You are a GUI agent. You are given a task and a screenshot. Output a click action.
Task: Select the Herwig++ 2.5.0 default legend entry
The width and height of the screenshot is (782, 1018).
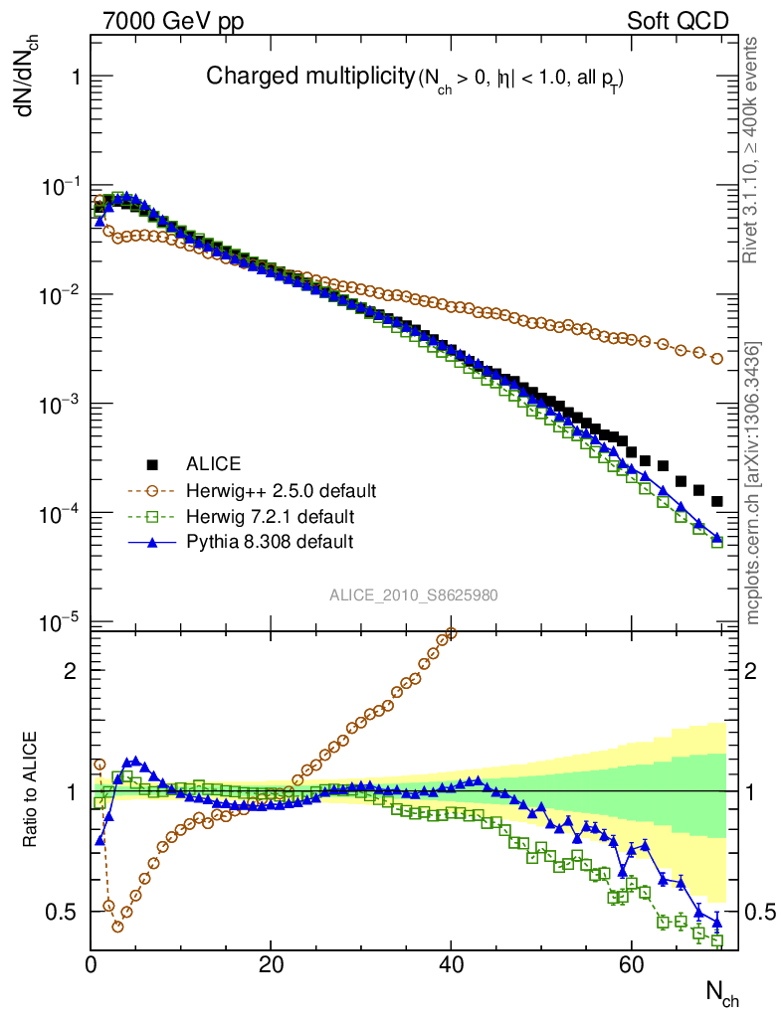click(x=281, y=490)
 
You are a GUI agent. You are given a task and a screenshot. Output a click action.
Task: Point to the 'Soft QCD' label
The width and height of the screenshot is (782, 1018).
click(x=678, y=21)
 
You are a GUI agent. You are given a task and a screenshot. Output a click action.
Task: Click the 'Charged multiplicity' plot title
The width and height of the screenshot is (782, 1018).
click(x=308, y=76)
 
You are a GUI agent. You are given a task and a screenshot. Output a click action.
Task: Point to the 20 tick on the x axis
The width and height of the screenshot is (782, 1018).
click(x=271, y=962)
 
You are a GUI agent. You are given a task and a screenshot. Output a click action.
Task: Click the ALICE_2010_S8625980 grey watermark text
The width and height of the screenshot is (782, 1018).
click(x=414, y=595)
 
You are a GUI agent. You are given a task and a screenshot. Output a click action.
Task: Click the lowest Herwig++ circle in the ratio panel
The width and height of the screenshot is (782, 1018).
click(x=117, y=926)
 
